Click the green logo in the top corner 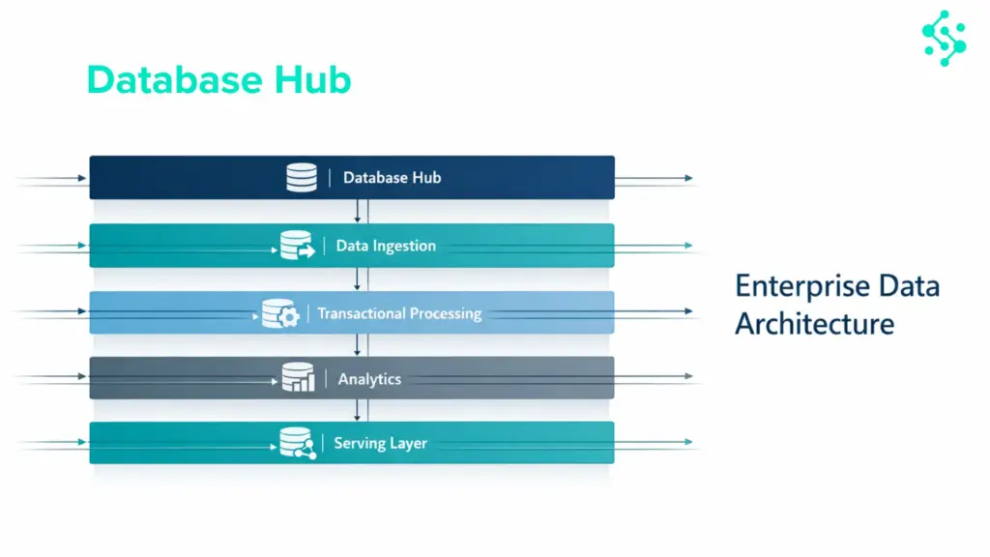tap(944, 39)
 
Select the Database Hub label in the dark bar tap(392, 178)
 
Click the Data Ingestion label tap(386, 246)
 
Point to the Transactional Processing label tap(399, 313)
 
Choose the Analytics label tap(369, 379)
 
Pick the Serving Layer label tap(380, 444)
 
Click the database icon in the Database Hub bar tap(302, 178)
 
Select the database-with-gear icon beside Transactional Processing tap(280, 313)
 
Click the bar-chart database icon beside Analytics tap(298, 378)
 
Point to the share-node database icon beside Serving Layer tap(297, 444)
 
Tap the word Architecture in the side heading tap(814, 323)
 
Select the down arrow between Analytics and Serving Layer tap(358, 413)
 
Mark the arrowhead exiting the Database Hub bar tap(687, 179)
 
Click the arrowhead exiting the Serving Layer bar tap(687, 442)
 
